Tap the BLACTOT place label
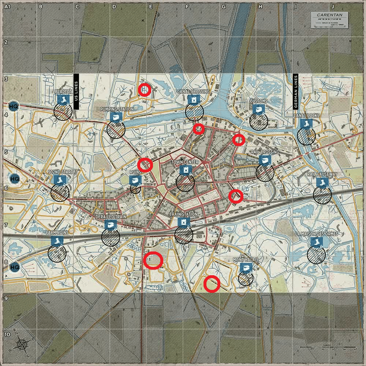tap(63, 91)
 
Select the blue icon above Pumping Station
tap(116, 117)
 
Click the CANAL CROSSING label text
tap(193, 91)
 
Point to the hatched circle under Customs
tap(258, 121)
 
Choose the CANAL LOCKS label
tap(306, 116)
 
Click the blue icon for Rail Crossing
tap(264, 160)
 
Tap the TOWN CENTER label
tap(185, 162)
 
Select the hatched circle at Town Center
tap(185, 182)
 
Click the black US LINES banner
tap(76, 91)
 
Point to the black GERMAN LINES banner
tap(296, 91)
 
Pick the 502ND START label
tap(60, 172)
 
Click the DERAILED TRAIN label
tap(111, 217)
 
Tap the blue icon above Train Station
tap(183, 222)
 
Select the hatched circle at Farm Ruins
tap(57, 254)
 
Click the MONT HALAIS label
tap(246, 259)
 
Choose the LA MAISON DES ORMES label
tap(316, 234)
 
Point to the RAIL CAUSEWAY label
tap(322, 175)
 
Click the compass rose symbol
tap(22, 344)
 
